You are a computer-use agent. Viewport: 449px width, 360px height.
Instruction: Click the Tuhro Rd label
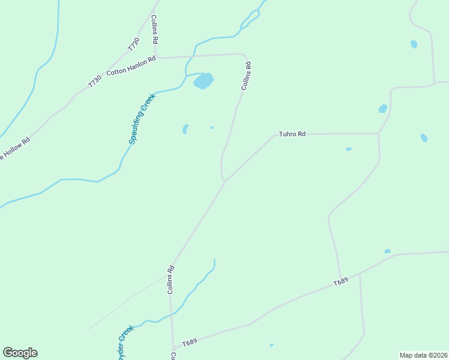coord(292,134)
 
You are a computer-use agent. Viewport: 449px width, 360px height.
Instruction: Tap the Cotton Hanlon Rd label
coord(131,65)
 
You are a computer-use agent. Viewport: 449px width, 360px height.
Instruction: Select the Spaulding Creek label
coord(142,118)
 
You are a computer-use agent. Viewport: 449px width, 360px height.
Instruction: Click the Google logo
coord(20,353)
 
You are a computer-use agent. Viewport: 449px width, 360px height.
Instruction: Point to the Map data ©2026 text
coord(423,355)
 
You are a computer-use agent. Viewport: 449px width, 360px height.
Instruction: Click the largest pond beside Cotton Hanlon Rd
coord(203,80)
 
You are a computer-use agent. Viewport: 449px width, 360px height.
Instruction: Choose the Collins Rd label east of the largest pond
coord(246,76)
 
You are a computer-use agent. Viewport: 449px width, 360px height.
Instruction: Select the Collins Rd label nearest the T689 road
coord(171,280)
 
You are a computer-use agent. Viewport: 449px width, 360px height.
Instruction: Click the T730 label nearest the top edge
coord(133,44)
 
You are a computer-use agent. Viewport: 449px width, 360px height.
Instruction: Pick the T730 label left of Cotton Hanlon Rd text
coord(95,81)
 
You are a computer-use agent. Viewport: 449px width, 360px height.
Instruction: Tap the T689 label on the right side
coord(340,281)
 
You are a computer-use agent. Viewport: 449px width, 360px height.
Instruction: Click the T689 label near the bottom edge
coord(189,342)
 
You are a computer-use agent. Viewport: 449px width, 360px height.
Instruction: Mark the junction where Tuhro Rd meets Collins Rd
coord(225,181)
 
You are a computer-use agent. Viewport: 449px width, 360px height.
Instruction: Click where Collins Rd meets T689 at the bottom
coord(173,348)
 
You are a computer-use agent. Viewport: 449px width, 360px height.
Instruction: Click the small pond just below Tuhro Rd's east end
coord(348,149)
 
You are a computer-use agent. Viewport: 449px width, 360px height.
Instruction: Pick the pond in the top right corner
coord(414,44)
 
